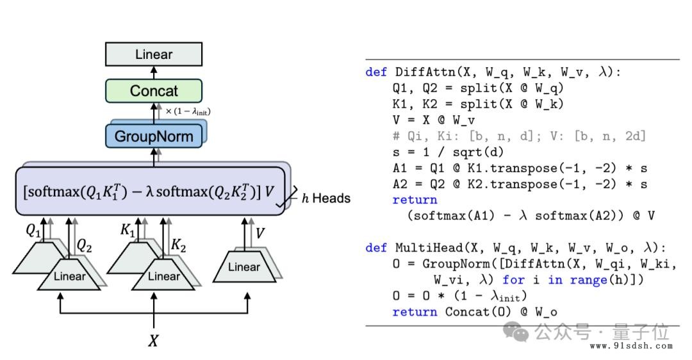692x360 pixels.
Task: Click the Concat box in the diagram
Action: pyautogui.click(x=154, y=91)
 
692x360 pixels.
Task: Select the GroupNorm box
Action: pyautogui.click(x=154, y=136)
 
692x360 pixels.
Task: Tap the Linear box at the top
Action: pyautogui.click(x=154, y=54)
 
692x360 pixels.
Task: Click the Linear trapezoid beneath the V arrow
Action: pyautogui.click(x=244, y=267)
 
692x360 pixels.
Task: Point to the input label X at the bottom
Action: pyautogui.click(x=153, y=341)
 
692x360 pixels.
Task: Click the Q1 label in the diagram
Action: pyautogui.click(x=33, y=231)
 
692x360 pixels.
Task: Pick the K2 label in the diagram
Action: pyautogui.click(x=178, y=245)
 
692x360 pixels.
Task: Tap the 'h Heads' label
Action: pyautogui.click(x=326, y=199)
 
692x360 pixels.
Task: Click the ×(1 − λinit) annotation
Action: pyautogui.click(x=188, y=111)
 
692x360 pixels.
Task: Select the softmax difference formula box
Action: pyautogui.click(x=151, y=191)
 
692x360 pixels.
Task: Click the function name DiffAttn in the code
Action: pyautogui.click(x=425, y=72)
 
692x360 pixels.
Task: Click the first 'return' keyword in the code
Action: pyautogui.click(x=415, y=200)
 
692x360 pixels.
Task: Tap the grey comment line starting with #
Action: pyautogui.click(x=519, y=136)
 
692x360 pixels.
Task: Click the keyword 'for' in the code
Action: pyautogui.click(x=513, y=280)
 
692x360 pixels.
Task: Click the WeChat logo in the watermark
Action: pyautogui.click(x=516, y=332)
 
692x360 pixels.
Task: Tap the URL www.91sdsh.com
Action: pyautogui.click(x=631, y=346)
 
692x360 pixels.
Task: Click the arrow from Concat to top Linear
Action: pyautogui.click(x=154, y=73)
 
